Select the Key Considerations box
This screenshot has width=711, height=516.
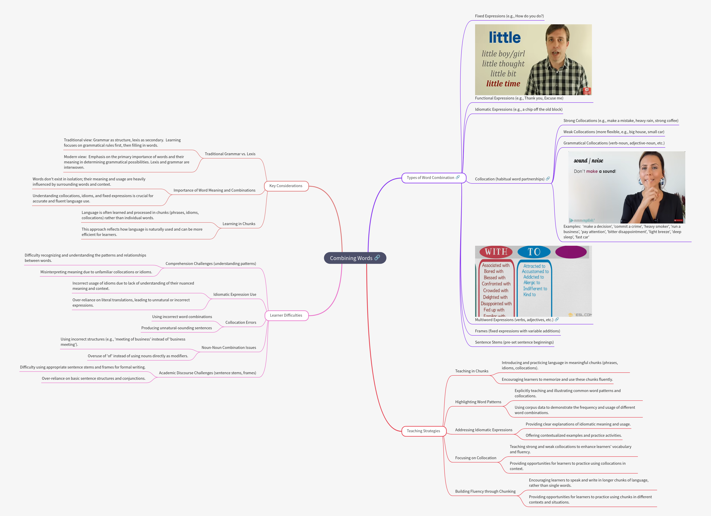286,186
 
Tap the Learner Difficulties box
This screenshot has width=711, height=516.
286,315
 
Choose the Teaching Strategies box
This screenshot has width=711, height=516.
423,431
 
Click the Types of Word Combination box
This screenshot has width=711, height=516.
430,178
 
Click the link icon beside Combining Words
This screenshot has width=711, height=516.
377,257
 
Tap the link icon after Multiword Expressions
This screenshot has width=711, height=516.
557,319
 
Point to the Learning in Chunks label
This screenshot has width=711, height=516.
239,224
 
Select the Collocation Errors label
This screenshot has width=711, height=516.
241,323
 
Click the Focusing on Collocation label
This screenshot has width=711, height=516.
475,458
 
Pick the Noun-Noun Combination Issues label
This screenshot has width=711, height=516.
229,348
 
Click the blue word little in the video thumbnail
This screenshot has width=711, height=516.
505,38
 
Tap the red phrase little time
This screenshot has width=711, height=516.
503,84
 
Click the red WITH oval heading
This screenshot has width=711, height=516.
496,252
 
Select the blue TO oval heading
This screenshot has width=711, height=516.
534,252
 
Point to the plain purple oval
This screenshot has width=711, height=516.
571,252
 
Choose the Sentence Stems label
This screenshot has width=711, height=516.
514,342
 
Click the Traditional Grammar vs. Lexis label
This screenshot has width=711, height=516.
230,154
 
